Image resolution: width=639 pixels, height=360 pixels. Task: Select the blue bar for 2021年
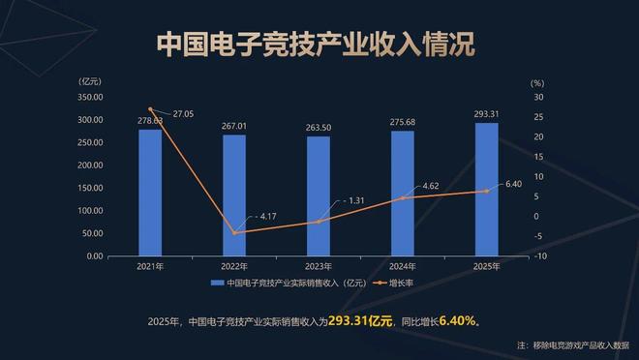point(150,193)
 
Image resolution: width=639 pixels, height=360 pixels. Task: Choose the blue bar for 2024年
point(403,194)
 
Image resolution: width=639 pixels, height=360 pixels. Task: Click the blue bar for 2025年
point(487,190)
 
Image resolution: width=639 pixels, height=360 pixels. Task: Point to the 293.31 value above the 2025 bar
point(487,115)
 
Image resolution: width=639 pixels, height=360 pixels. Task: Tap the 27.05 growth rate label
point(182,114)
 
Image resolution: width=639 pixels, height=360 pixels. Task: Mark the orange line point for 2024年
point(403,198)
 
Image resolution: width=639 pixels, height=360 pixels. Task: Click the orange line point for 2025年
point(487,191)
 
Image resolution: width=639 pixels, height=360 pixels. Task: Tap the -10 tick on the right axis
point(540,256)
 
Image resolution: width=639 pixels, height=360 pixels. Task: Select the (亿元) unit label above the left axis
point(90,81)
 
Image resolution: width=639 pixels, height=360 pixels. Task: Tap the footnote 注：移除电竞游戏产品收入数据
point(571,345)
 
